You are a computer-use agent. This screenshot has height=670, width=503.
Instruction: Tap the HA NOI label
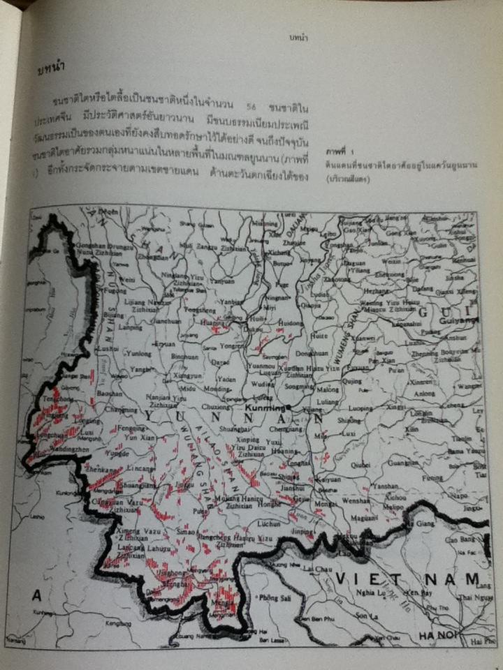click(x=437, y=634)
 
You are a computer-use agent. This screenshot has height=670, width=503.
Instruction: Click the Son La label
click(x=364, y=616)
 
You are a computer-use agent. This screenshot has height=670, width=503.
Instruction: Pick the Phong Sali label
click(x=274, y=597)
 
